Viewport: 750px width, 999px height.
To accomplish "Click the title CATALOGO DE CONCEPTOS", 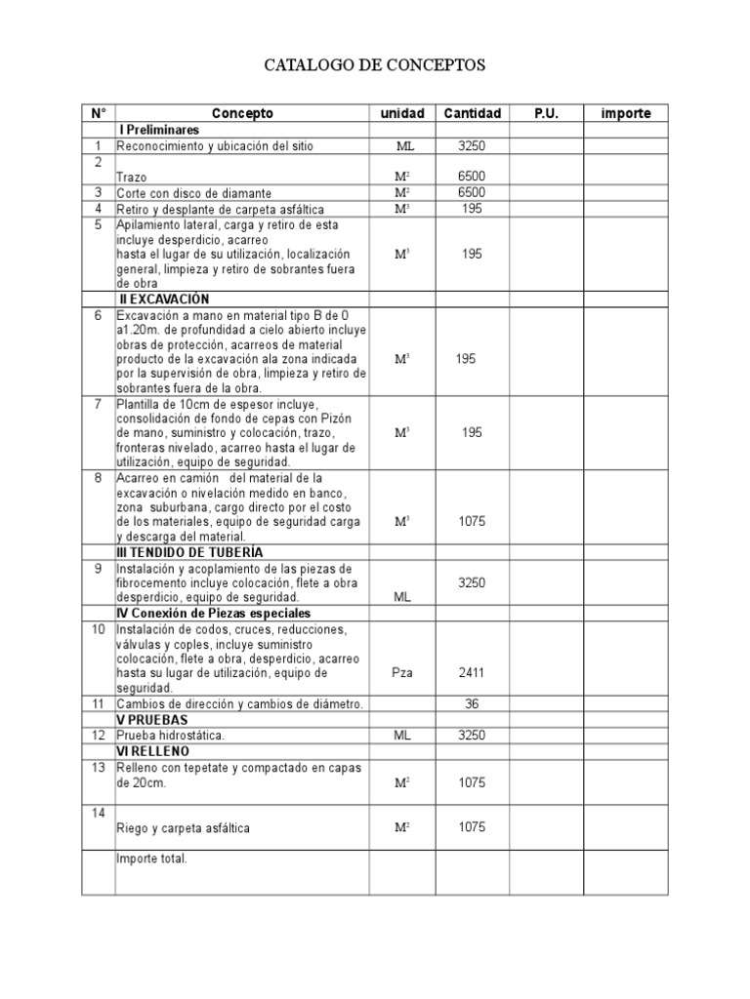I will click(x=375, y=65).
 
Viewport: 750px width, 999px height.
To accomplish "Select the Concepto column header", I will click(x=242, y=113).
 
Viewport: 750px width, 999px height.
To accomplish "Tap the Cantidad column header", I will click(x=472, y=113).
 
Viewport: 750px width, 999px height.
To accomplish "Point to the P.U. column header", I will click(x=546, y=113).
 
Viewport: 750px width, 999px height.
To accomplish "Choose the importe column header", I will click(x=626, y=113).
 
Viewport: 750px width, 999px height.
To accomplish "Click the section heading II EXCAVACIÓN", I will click(x=163, y=300).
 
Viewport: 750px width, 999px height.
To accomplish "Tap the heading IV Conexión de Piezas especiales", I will click(x=213, y=614).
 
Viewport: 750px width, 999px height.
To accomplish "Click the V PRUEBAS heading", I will click(x=152, y=719).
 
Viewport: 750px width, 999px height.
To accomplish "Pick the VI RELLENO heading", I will click(x=153, y=751).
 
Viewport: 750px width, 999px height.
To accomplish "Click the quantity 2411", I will click(x=472, y=672).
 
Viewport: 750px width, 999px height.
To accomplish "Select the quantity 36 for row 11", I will click(x=472, y=703).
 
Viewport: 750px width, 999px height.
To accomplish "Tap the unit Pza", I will click(x=402, y=672).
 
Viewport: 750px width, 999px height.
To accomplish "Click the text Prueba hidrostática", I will click(x=171, y=735).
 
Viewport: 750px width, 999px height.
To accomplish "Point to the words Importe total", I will click(x=151, y=859).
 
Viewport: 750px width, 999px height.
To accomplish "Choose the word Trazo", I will click(x=132, y=177).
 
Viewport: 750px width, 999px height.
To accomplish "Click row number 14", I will click(x=98, y=813).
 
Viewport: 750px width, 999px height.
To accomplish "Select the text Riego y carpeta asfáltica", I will click(x=183, y=828).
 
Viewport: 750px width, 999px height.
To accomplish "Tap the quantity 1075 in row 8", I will click(x=472, y=521).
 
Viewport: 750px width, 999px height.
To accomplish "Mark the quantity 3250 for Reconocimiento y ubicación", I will click(x=472, y=145).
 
